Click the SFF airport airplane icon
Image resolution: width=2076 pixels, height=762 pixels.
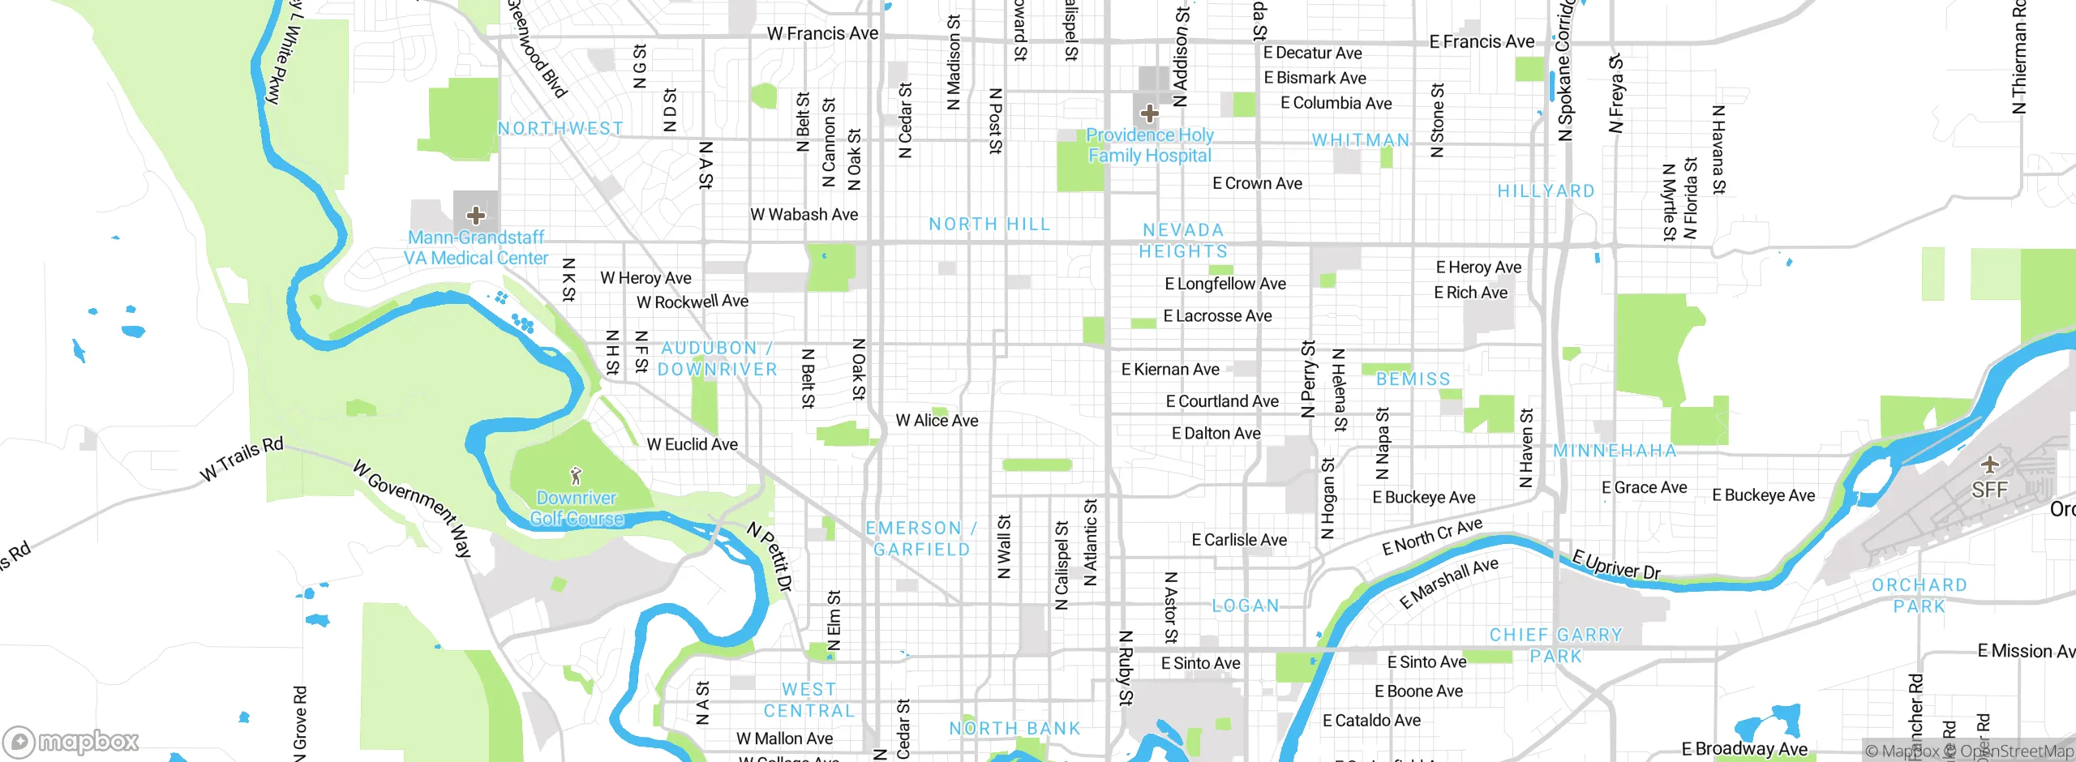(1988, 464)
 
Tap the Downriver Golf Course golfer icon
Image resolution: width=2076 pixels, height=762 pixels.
(576, 475)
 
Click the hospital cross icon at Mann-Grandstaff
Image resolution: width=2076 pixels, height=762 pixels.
(476, 215)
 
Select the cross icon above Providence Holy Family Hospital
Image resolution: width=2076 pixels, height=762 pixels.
(1149, 113)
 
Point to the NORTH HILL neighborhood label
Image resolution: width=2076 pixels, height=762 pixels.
(989, 225)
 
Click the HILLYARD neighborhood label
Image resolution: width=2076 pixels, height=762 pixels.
(1546, 191)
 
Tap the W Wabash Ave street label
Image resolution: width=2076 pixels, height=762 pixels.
(804, 215)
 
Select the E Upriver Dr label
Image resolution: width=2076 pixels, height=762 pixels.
(1615, 564)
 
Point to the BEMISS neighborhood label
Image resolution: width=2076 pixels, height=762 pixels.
(1413, 379)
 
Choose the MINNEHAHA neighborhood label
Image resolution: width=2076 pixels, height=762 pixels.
(1614, 451)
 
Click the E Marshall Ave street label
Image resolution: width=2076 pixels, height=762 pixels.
(1448, 584)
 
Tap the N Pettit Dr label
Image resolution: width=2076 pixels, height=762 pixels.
(769, 557)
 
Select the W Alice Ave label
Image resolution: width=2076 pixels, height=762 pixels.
(937, 421)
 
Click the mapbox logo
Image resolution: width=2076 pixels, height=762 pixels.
(71, 741)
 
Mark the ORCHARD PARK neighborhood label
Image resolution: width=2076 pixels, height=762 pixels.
(1919, 596)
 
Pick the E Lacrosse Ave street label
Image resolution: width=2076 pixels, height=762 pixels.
(1217, 316)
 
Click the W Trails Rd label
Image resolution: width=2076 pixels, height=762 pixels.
(242, 458)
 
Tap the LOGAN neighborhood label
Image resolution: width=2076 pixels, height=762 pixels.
(1245, 606)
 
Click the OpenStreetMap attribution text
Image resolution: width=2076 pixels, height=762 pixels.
(2016, 751)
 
